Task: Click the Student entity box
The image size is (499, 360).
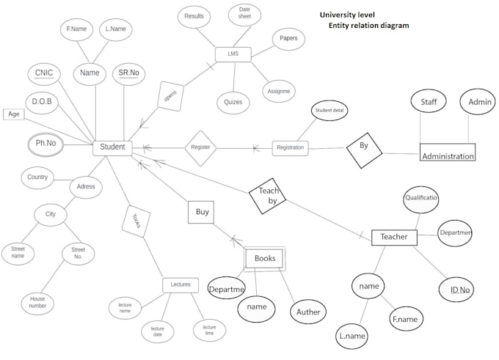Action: (112, 147)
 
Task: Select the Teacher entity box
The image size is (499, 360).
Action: (394, 237)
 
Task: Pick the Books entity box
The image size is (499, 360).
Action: (264, 258)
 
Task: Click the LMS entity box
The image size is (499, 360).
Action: (233, 54)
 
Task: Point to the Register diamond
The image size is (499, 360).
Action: (200, 147)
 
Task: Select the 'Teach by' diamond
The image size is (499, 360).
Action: (268, 195)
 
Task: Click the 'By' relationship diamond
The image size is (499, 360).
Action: (364, 147)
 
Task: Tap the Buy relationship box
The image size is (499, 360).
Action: (203, 213)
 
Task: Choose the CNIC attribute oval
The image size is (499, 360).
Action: (44, 73)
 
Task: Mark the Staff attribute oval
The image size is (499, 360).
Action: (429, 102)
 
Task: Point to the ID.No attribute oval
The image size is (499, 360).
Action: (460, 290)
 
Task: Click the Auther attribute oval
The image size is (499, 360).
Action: (308, 312)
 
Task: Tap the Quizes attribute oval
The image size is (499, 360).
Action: (234, 103)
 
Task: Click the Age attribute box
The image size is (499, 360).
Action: (13, 114)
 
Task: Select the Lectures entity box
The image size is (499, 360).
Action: (181, 284)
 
